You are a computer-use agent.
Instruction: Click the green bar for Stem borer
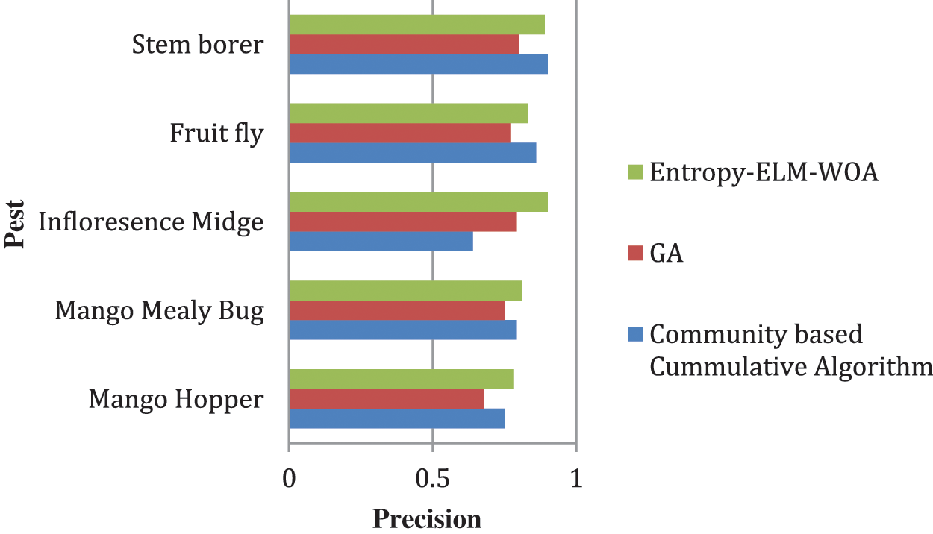[416, 25]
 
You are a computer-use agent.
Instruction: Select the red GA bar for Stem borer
[404, 45]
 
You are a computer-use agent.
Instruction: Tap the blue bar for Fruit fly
[412, 152]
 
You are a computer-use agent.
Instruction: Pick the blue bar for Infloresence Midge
[381, 241]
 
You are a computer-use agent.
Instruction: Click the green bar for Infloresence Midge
[418, 201]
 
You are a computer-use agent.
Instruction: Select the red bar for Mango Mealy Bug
[396, 310]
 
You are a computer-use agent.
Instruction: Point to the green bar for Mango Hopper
[401, 379]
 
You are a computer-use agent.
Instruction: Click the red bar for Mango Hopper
[386, 399]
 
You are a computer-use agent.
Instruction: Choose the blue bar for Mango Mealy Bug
[402, 330]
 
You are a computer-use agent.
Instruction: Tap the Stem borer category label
[197, 45]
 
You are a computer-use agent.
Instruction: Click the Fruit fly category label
[216, 133]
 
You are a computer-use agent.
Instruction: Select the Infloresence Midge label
[151, 222]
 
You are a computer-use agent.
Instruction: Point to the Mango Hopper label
[176, 399]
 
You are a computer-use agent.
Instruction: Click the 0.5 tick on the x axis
[432, 477]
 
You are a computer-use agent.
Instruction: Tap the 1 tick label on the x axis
[575, 477]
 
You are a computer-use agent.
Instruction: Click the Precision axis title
[426, 518]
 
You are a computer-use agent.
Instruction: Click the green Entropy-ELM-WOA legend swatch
[634, 173]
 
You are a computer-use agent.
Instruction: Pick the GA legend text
[667, 254]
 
